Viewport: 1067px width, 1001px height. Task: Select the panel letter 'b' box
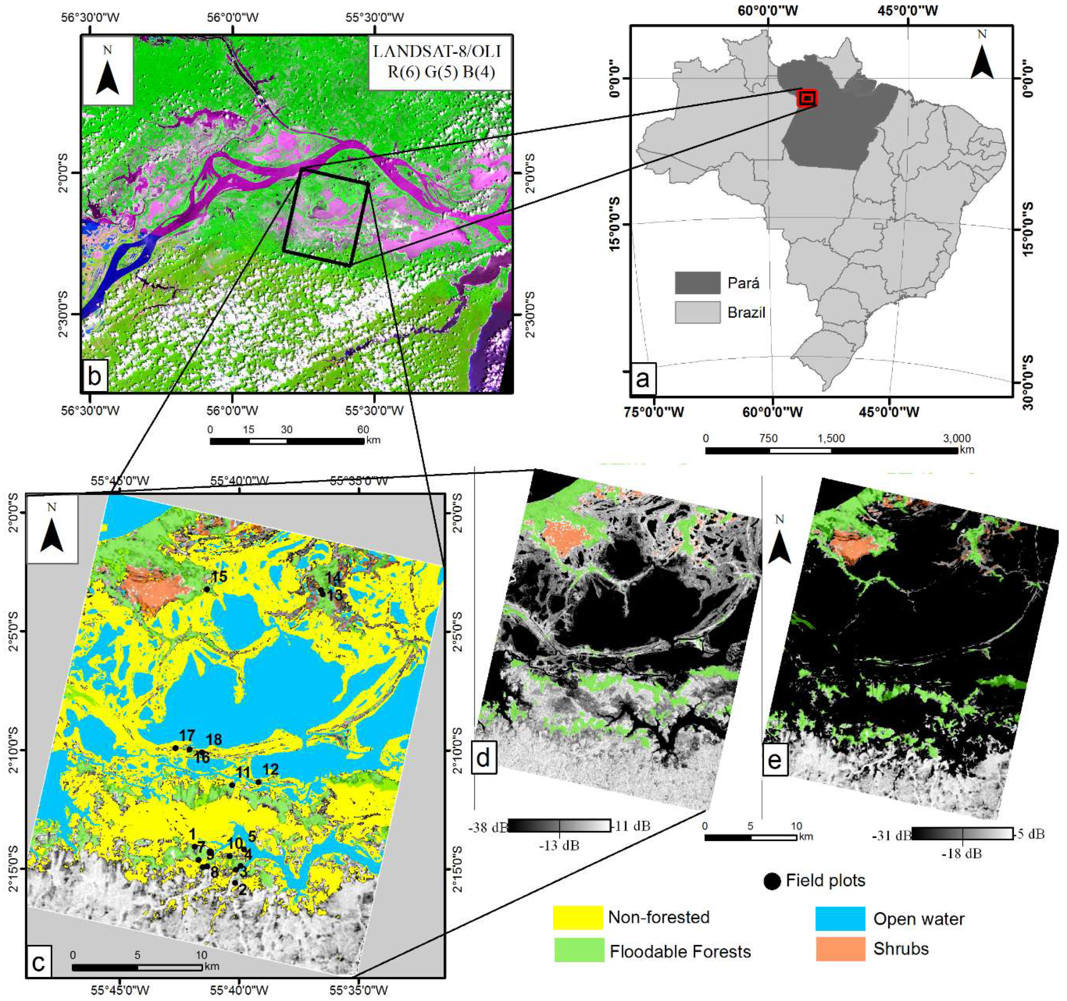click(x=94, y=376)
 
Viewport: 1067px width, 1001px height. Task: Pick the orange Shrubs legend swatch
click(x=840, y=948)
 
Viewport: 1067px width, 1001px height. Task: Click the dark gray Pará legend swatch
click(x=697, y=283)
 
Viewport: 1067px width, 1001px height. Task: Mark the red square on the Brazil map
click(x=807, y=98)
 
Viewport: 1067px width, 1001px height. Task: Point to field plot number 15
click(x=208, y=589)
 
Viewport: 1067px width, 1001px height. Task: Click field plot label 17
click(x=187, y=736)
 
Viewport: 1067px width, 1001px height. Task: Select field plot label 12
click(x=270, y=769)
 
